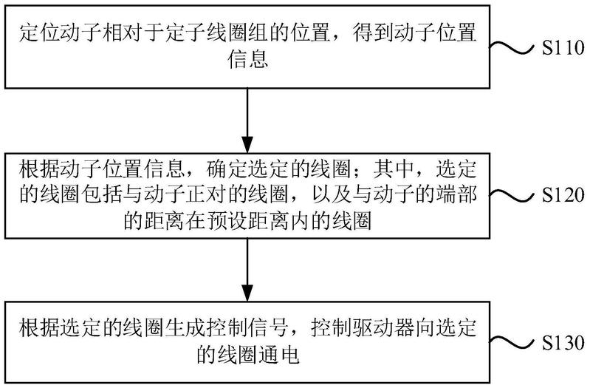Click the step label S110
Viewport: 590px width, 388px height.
tap(563, 48)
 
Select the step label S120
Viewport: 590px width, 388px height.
tap(563, 196)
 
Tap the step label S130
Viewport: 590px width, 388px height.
tap(563, 343)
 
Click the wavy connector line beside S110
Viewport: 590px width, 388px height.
tap(512, 47)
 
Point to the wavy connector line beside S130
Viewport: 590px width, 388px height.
tap(512, 343)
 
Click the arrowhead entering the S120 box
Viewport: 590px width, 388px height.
tap(247, 145)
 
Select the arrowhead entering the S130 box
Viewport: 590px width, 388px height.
tap(247, 293)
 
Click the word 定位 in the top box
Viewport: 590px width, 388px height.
tap(40, 33)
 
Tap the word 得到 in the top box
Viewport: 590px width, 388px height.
tap(373, 33)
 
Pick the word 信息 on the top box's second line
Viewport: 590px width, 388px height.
tap(247, 60)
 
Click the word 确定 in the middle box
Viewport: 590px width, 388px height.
tap(227, 169)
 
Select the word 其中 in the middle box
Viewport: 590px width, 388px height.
tap(394, 169)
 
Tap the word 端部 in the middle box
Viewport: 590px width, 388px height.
tap(456, 195)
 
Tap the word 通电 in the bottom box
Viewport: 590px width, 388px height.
tap(278, 355)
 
